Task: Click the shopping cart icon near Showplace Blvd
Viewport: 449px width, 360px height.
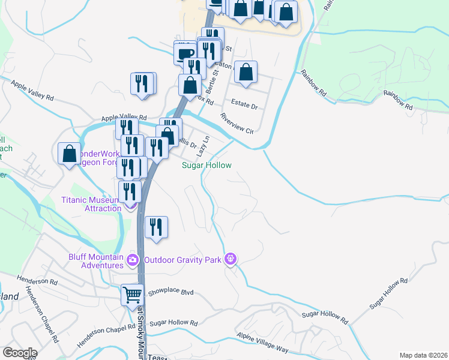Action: pyautogui.click(x=132, y=295)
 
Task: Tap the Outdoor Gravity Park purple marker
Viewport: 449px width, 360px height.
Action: pyautogui.click(x=230, y=259)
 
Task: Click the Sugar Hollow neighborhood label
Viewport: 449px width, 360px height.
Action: pyautogui.click(x=207, y=165)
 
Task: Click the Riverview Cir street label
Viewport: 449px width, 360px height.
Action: pyautogui.click(x=237, y=124)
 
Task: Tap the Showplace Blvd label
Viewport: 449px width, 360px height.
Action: pyautogui.click(x=171, y=292)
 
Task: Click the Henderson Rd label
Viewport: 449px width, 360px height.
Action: pyautogui.click(x=37, y=281)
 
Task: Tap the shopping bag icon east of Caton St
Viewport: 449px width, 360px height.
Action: pyautogui.click(x=246, y=72)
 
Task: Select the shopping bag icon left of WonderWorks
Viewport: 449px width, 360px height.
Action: pyautogui.click(x=70, y=153)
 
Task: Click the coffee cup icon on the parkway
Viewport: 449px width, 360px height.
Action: pyautogui.click(x=185, y=53)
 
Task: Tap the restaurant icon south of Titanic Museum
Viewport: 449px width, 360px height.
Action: pyautogui.click(x=156, y=227)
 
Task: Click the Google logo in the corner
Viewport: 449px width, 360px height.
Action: pyautogui.click(x=19, y=353)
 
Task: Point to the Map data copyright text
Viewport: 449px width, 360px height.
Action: pyautogui.click(x=423, y=355)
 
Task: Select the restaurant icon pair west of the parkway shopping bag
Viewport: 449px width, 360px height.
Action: pyautogui.click(x=143, y=83)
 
